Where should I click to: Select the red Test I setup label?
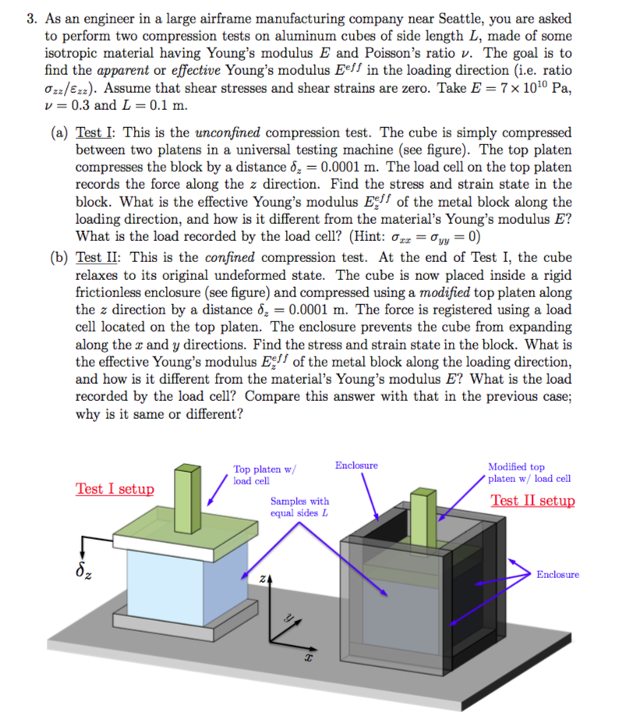coord(115,489)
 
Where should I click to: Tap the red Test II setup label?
coord(532,501)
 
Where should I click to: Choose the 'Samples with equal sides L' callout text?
coord(299,507)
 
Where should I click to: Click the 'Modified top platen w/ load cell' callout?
coord(529,473)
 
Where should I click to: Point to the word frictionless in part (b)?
coord(113,293)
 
